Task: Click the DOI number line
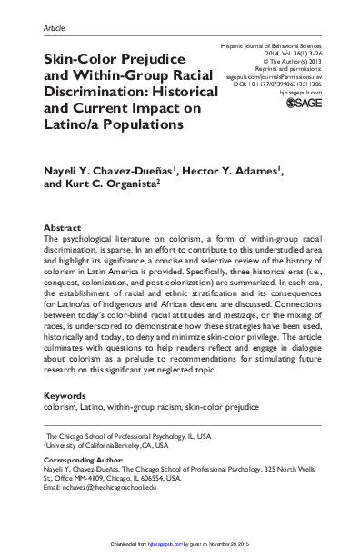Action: [x=287, y=84]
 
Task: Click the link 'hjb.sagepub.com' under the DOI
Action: [x=300, y=93]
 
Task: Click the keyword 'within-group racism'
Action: [x=152, y=434]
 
